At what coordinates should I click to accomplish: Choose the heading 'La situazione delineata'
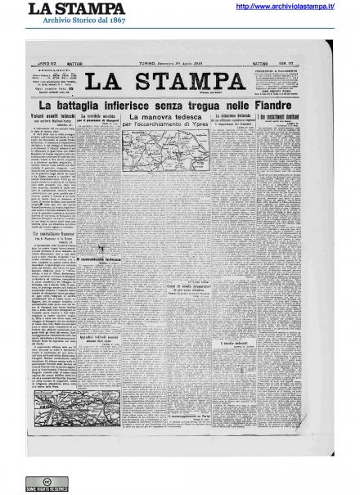(x=236, y=117)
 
